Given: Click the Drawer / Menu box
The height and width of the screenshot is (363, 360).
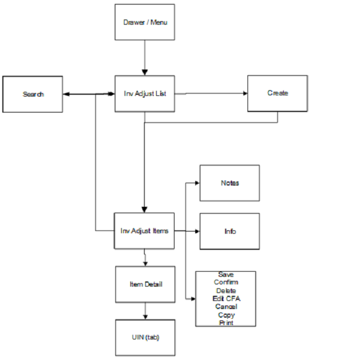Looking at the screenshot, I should tap(144, 22).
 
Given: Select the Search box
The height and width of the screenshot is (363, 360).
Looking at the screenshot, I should tap(33, 94).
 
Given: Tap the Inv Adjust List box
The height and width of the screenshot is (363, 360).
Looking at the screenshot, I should tap(144, 94).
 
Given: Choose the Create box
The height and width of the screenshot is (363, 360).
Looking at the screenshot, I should tap(277, 93).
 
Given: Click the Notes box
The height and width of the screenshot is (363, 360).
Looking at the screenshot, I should tap(229, 183).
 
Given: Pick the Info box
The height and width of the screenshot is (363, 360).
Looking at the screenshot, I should tap(229, 231).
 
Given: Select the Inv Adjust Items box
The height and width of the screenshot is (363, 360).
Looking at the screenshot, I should tap(144, 231).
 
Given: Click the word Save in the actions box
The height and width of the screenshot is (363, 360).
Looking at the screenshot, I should tap(226, 275).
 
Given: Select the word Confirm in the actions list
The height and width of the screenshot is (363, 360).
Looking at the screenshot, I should tap(226, 282).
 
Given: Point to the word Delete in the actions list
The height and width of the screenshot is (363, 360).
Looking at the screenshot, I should tap(226, 291).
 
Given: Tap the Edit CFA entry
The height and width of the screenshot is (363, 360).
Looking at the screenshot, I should tap(226, 299).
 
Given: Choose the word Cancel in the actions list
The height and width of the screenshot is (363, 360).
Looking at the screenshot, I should tap(226, 307).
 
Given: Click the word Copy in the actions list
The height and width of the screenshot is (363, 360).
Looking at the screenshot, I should tap(226, 315).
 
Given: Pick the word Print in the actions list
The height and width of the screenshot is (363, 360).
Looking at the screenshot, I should tap(226, 323).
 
